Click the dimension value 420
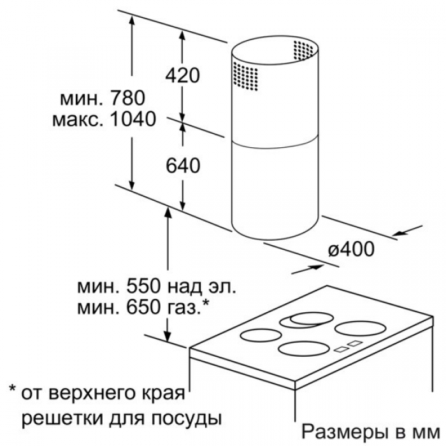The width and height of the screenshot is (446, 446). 183,75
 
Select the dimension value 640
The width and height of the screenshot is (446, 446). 183,166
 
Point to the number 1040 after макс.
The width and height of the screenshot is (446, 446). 133,119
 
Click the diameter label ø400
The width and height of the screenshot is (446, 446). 351,249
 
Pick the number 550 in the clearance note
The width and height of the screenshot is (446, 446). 144,286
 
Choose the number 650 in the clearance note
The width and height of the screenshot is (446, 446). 144,308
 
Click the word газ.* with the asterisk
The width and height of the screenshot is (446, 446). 188,308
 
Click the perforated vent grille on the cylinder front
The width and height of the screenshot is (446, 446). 245,76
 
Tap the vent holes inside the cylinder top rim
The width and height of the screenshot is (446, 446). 303,50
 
